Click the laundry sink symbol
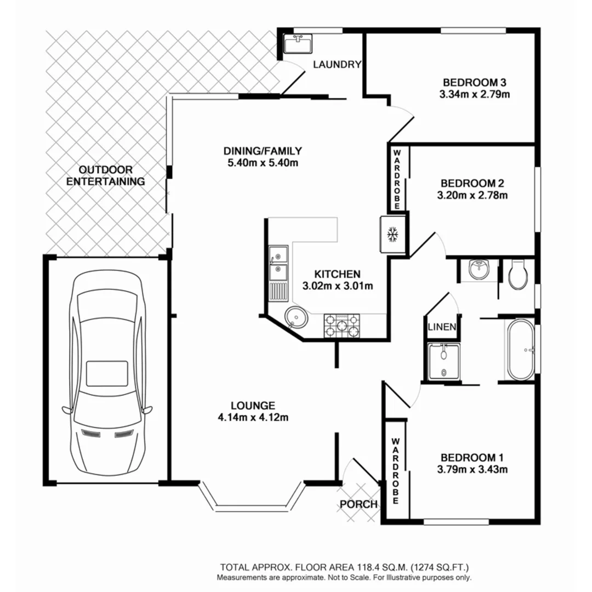click(298, 43)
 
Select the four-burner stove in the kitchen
click(342, 326)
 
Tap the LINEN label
click(442, 327)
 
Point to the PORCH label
click(358, 504)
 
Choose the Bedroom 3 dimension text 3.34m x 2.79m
click(474, 94)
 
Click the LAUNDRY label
click(337, 65)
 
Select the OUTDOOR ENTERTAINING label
click(105, 175)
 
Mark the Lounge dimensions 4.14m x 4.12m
click(252, 418)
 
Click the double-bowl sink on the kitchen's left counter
click(278, 263)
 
